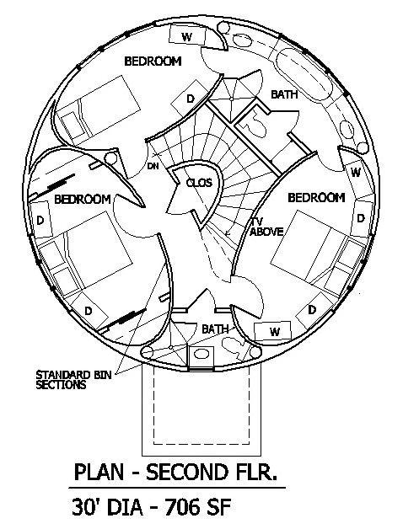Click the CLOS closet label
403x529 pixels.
pos(199,183)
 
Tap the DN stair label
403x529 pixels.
pos(153,166)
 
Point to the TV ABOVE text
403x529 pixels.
pos(266,227)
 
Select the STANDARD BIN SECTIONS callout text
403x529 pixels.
pos(73,380)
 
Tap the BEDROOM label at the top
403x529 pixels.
pos(153,61)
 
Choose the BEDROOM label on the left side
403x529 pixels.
pos(83,199)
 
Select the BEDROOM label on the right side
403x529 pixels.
pos(316,197)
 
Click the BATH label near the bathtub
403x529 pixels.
pos(284,94)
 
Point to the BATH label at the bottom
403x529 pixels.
pos(215,329)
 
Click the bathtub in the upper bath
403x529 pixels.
pos(304,73)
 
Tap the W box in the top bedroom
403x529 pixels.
pos(187,35)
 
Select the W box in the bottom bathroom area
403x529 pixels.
pos(272,330)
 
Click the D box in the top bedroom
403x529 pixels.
pos(191,99)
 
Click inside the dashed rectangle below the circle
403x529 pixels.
pos(201,405)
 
